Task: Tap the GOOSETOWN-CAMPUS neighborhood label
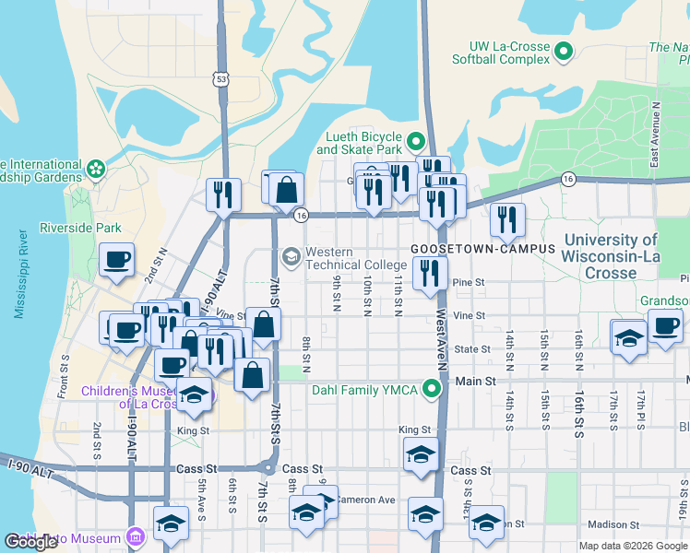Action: point(482,249)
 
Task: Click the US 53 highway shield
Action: point(220,79)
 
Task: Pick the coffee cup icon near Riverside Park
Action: point(117,261)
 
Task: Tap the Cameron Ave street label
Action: point(365,500)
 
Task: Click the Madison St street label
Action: point(610,524)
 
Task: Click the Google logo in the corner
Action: point(30,542)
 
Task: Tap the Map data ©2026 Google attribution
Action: point(632,546)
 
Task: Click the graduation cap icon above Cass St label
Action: point(421,455)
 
